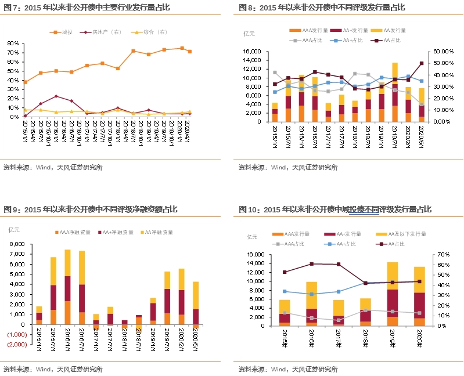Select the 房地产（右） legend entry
pos(105,31)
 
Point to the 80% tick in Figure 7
pos(13,44)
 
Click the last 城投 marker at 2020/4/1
pos(189,52)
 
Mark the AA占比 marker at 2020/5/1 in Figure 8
pos(422,63)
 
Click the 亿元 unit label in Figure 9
pos(14,229)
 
